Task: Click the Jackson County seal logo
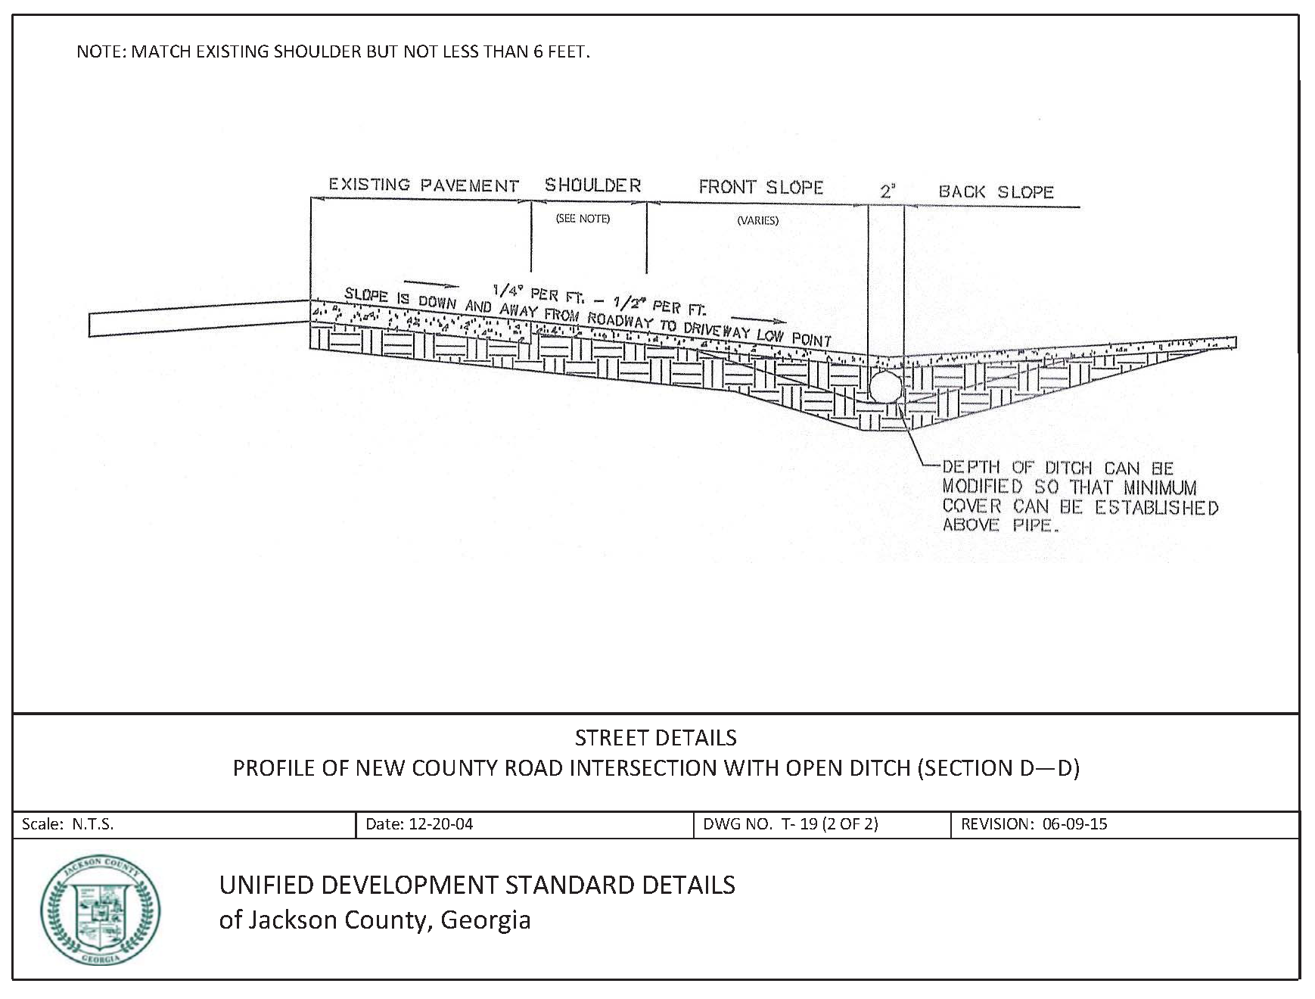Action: [100, 911]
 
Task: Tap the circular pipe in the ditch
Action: [884, 386]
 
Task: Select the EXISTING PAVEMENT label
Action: [423, 185]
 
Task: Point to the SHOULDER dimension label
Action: [592, 185]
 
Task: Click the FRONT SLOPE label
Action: [760, 187]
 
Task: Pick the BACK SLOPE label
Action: [996, 191]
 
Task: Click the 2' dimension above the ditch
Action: [887, 191]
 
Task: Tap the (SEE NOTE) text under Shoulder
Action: [583, 219]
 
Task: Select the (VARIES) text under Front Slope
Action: [757, 221]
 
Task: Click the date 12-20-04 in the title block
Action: [440, 824]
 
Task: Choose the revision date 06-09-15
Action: [1074, 824]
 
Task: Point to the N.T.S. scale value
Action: [92, 824]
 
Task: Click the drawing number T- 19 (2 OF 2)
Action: [829, 824]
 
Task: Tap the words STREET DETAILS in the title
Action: [655, 738]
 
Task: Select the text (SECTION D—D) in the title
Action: [998, 768]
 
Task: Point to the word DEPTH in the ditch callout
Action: [971, 468]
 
